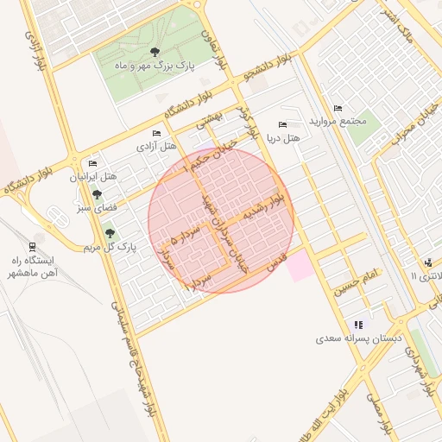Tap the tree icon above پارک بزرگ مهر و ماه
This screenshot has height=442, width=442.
[155, 51]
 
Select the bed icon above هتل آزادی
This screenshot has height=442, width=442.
[156, 133]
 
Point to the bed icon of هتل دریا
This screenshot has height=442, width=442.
[282, 125]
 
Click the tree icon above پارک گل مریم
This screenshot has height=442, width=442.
[109, 233]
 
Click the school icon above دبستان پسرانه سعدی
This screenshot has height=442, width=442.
[358, 325]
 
